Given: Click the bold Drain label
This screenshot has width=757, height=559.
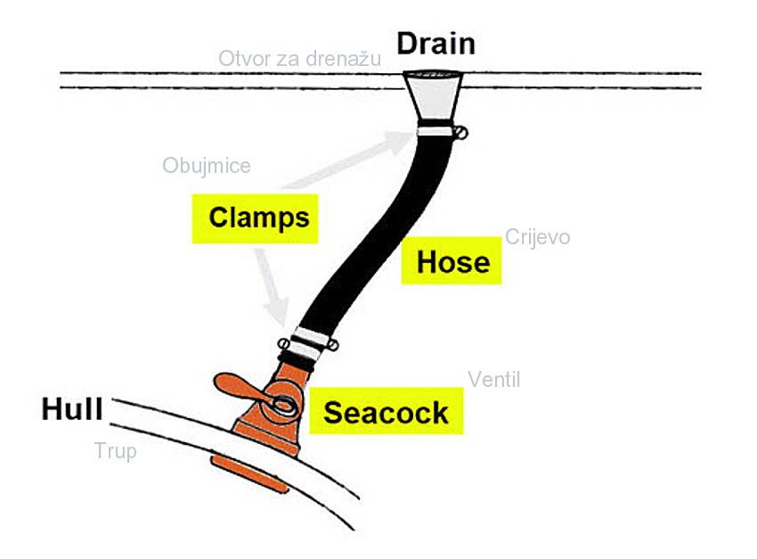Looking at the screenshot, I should tap(435, 43).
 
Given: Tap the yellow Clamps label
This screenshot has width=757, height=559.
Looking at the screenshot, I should tap(259, 218).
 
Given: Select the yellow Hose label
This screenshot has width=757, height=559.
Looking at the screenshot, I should tap(452, 261).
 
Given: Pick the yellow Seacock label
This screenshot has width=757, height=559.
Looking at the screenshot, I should tap(386, 413).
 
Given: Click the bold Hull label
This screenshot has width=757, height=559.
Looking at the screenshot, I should tap(72, 409).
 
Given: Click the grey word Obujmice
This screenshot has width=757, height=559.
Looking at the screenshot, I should tap(207, 166).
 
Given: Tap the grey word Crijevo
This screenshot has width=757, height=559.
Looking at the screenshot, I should tap(537, 237).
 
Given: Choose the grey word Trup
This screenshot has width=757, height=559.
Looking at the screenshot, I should tap(116, 451).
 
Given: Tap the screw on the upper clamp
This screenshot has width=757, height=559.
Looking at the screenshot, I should tap(460, 134).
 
